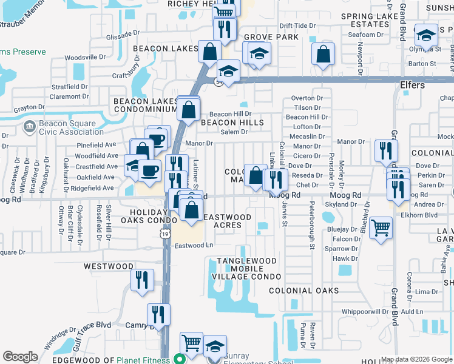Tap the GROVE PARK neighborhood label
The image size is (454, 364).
point(271,37)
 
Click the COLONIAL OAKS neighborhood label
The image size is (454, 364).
point(303,291)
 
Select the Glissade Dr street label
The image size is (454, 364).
point(123,36)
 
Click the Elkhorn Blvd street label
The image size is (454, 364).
point(419,215)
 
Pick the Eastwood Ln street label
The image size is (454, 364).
point(194,246)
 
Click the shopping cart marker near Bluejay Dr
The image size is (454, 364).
point(381,228)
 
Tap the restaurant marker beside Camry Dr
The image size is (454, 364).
point(158,314)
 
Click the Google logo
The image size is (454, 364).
point(20,357)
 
